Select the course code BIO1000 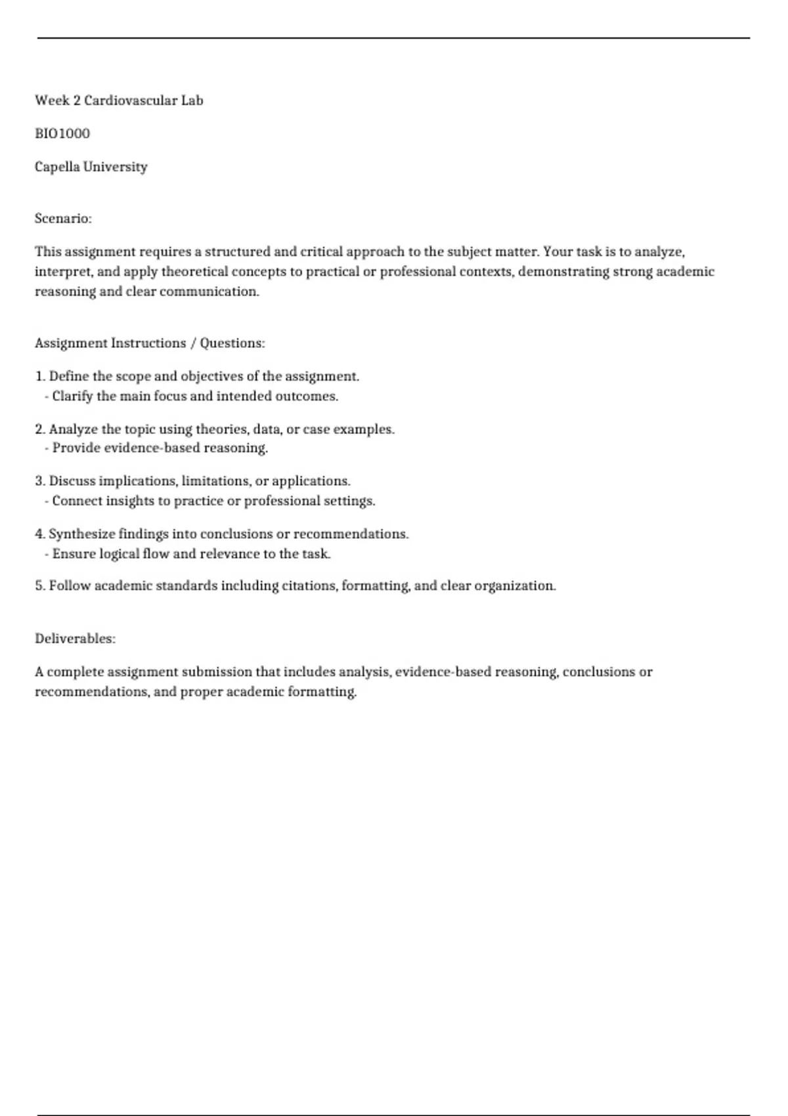(62, 134)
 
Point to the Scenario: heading (63, 219)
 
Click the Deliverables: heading (75, 639)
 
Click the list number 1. (39, 377)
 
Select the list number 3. (39, 481)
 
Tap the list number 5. (39, 586)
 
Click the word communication (209, 291)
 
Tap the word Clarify (72, 397)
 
